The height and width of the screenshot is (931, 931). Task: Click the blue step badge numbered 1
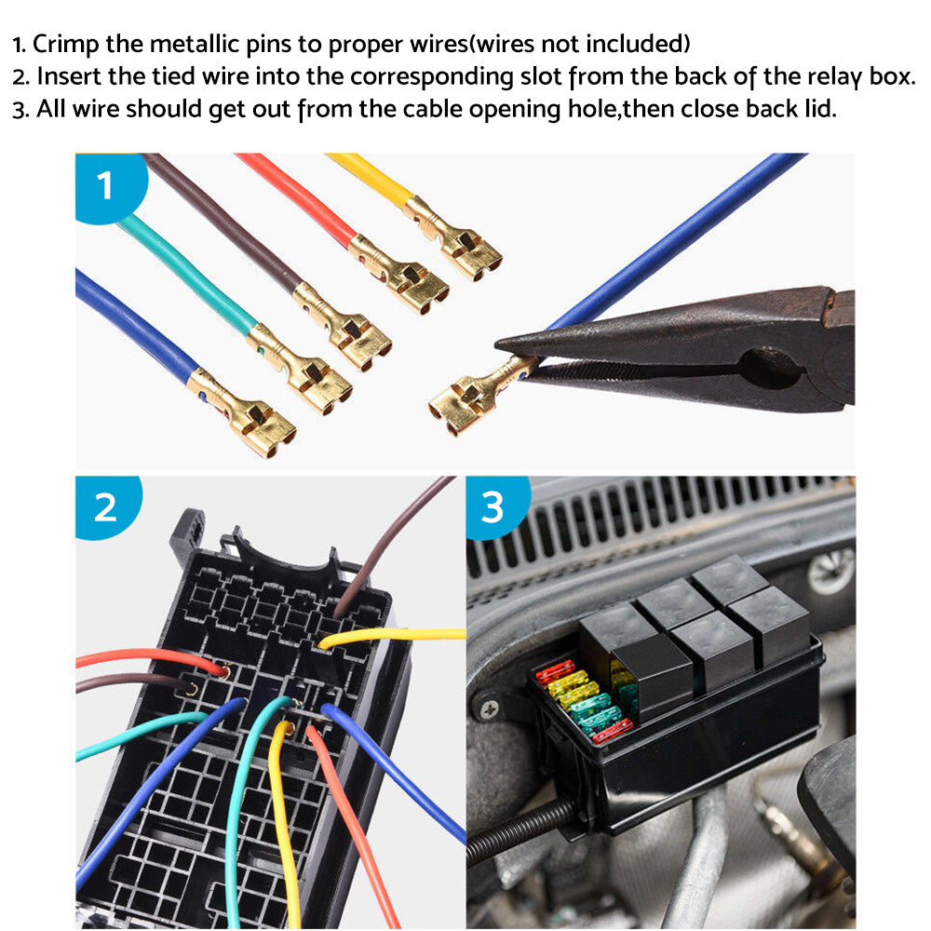[x=105, y=185]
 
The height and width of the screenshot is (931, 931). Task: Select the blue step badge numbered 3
[x=492, y=507]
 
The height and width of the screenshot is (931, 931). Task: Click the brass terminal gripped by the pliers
[x=470, y=398]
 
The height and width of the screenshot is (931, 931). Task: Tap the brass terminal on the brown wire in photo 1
[x=344, y=325]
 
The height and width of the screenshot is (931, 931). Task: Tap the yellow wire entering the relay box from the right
[x=400, y=636]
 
